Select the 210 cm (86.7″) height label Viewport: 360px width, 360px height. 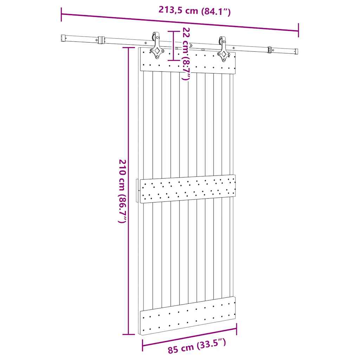pyautogui.click(x=122, y=191)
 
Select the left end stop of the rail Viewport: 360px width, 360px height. pyautogui.click(x=63, y=37)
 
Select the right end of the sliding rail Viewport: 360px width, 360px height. pyautogui.click(x=296, y=51)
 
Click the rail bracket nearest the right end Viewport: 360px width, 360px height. pyautogui.click(x=270, y=50)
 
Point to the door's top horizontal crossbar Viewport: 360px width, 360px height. pyautogui.click(x=188, y=60)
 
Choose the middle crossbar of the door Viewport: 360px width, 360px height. pyautogui.click(x=188, y=189)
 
